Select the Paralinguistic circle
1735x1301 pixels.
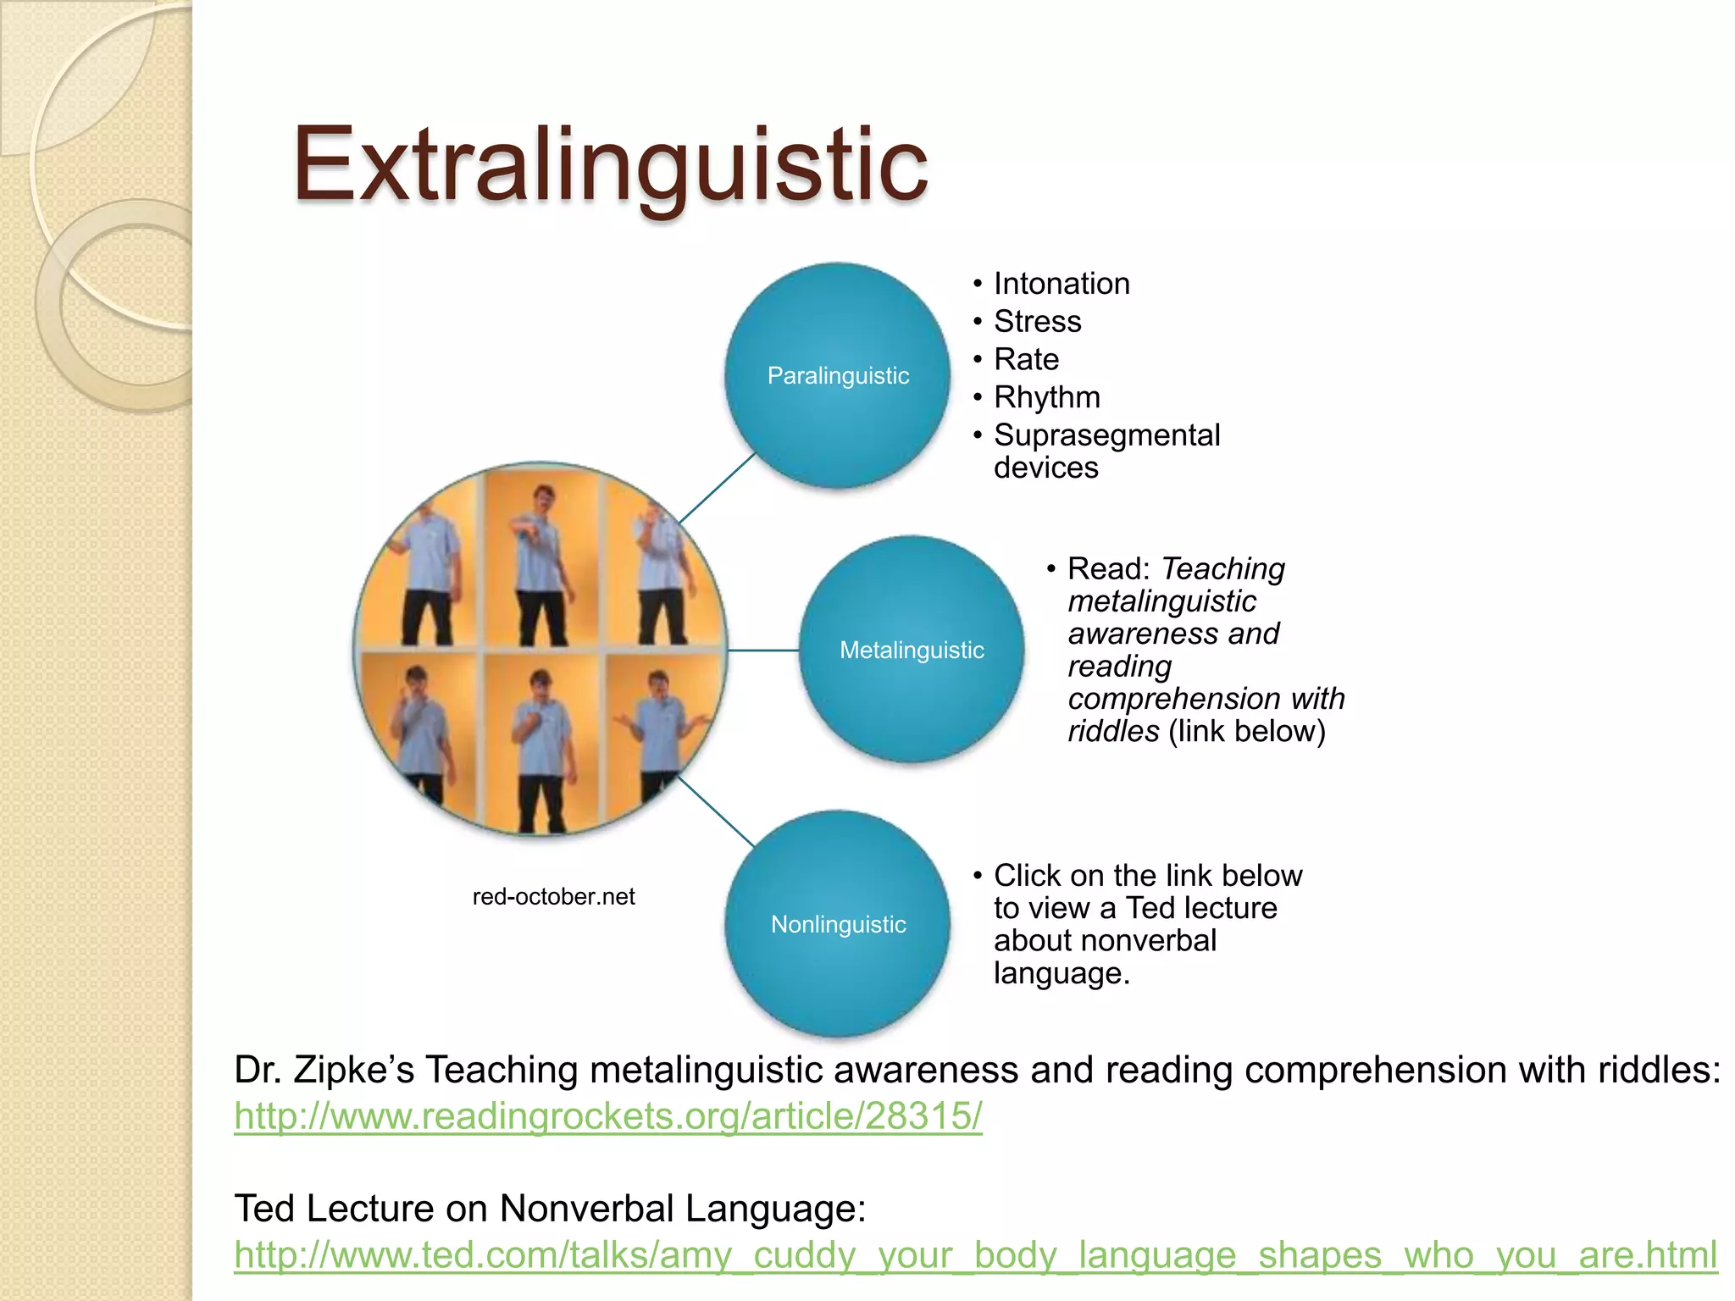tap(838, 375)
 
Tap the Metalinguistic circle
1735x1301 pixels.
tap(912, 650)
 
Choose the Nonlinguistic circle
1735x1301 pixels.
tap(838, 924)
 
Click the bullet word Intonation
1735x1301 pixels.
tap(1062, 284)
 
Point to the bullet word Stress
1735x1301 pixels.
tap(1037, 322)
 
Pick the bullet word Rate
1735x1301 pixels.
tap(1026, 360)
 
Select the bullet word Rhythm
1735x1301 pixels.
tap(1047, 397)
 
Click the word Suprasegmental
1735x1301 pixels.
tap(1106, 435)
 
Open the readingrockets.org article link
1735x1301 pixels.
tap(607, 1116)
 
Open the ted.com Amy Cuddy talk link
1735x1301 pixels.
tap(974, 1254)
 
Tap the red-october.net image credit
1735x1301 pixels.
tap(553, 896)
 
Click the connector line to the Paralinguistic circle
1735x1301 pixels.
tap(717, 488)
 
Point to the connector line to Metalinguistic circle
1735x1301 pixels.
tap(762, 650)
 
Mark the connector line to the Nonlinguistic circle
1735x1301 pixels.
tap(717, 811)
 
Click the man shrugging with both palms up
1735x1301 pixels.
tap(663, 728)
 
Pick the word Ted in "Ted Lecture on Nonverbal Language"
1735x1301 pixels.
tap(264, 1209)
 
